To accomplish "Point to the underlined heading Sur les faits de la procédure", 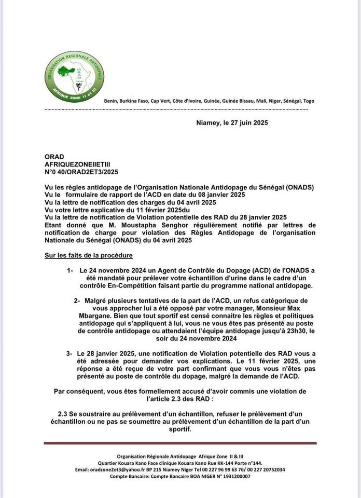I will pyautogui.click(x=90, y=256).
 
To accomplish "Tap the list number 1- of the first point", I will pyautogui.click(x=71, y=271).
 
